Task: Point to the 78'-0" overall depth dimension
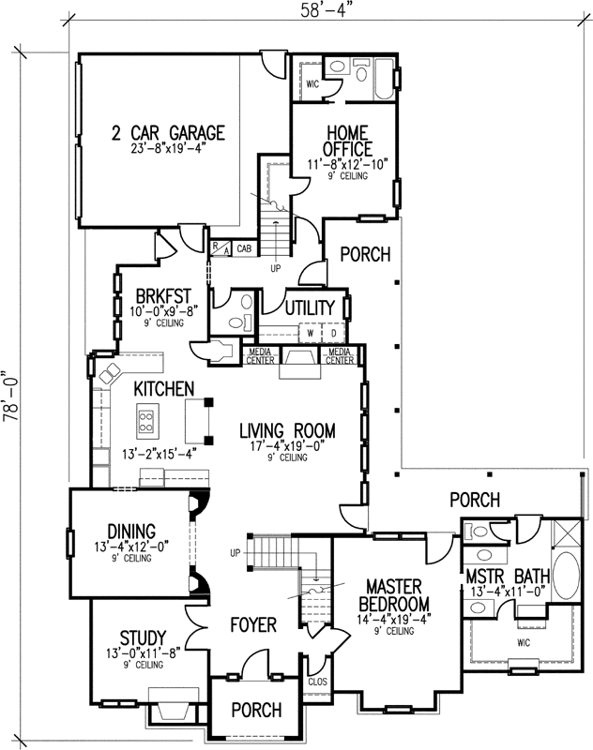pyautogui.click(x=11, y=395)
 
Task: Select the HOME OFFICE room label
pyautogui.click(x=347, y=140)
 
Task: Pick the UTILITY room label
pyautogui.click(x=310, y=307)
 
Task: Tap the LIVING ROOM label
pyautogui.click(x=286, y=431)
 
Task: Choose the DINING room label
pyautogui.click(x=130, y=532)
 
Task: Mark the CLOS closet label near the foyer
pyautogui.click(x=316, y=682)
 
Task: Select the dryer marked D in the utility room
pyautogui.click(x=333, y=334)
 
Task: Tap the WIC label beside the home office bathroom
pyautogui.click(x=312, y=83)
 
